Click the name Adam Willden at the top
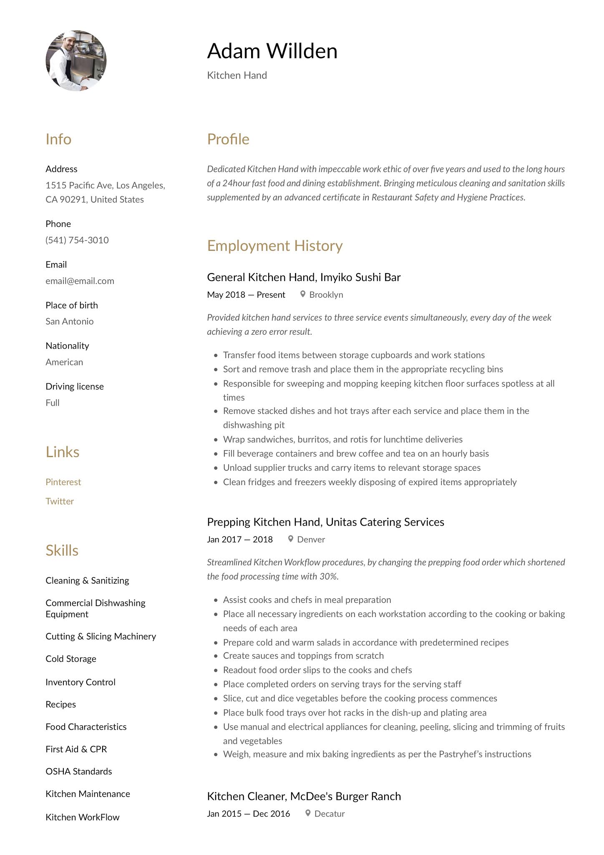[x=272, y=51]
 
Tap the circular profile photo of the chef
[x=76, y=61]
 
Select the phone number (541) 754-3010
[x=77, y=240]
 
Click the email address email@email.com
[x=80, y=281]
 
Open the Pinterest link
[x=63, y=482]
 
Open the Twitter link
[x=60, y=501]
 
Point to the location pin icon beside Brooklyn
[x=303, y=294]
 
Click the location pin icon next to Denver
[x=291, y=539]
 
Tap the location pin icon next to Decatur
[x=308, y=813]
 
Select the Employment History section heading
[x=275, y=245]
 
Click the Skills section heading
[x=62, y=550]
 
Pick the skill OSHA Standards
[x=79, y=771]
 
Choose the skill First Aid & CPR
[x=76, y=749]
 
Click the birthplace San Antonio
[x=70, y=321]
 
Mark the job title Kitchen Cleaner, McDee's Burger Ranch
[x=304, y=796]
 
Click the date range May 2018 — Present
[x=246, y=295]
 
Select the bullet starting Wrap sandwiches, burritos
[x=342, y=439]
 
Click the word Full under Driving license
[x=53, y=403]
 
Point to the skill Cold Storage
[x=71, y=659]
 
